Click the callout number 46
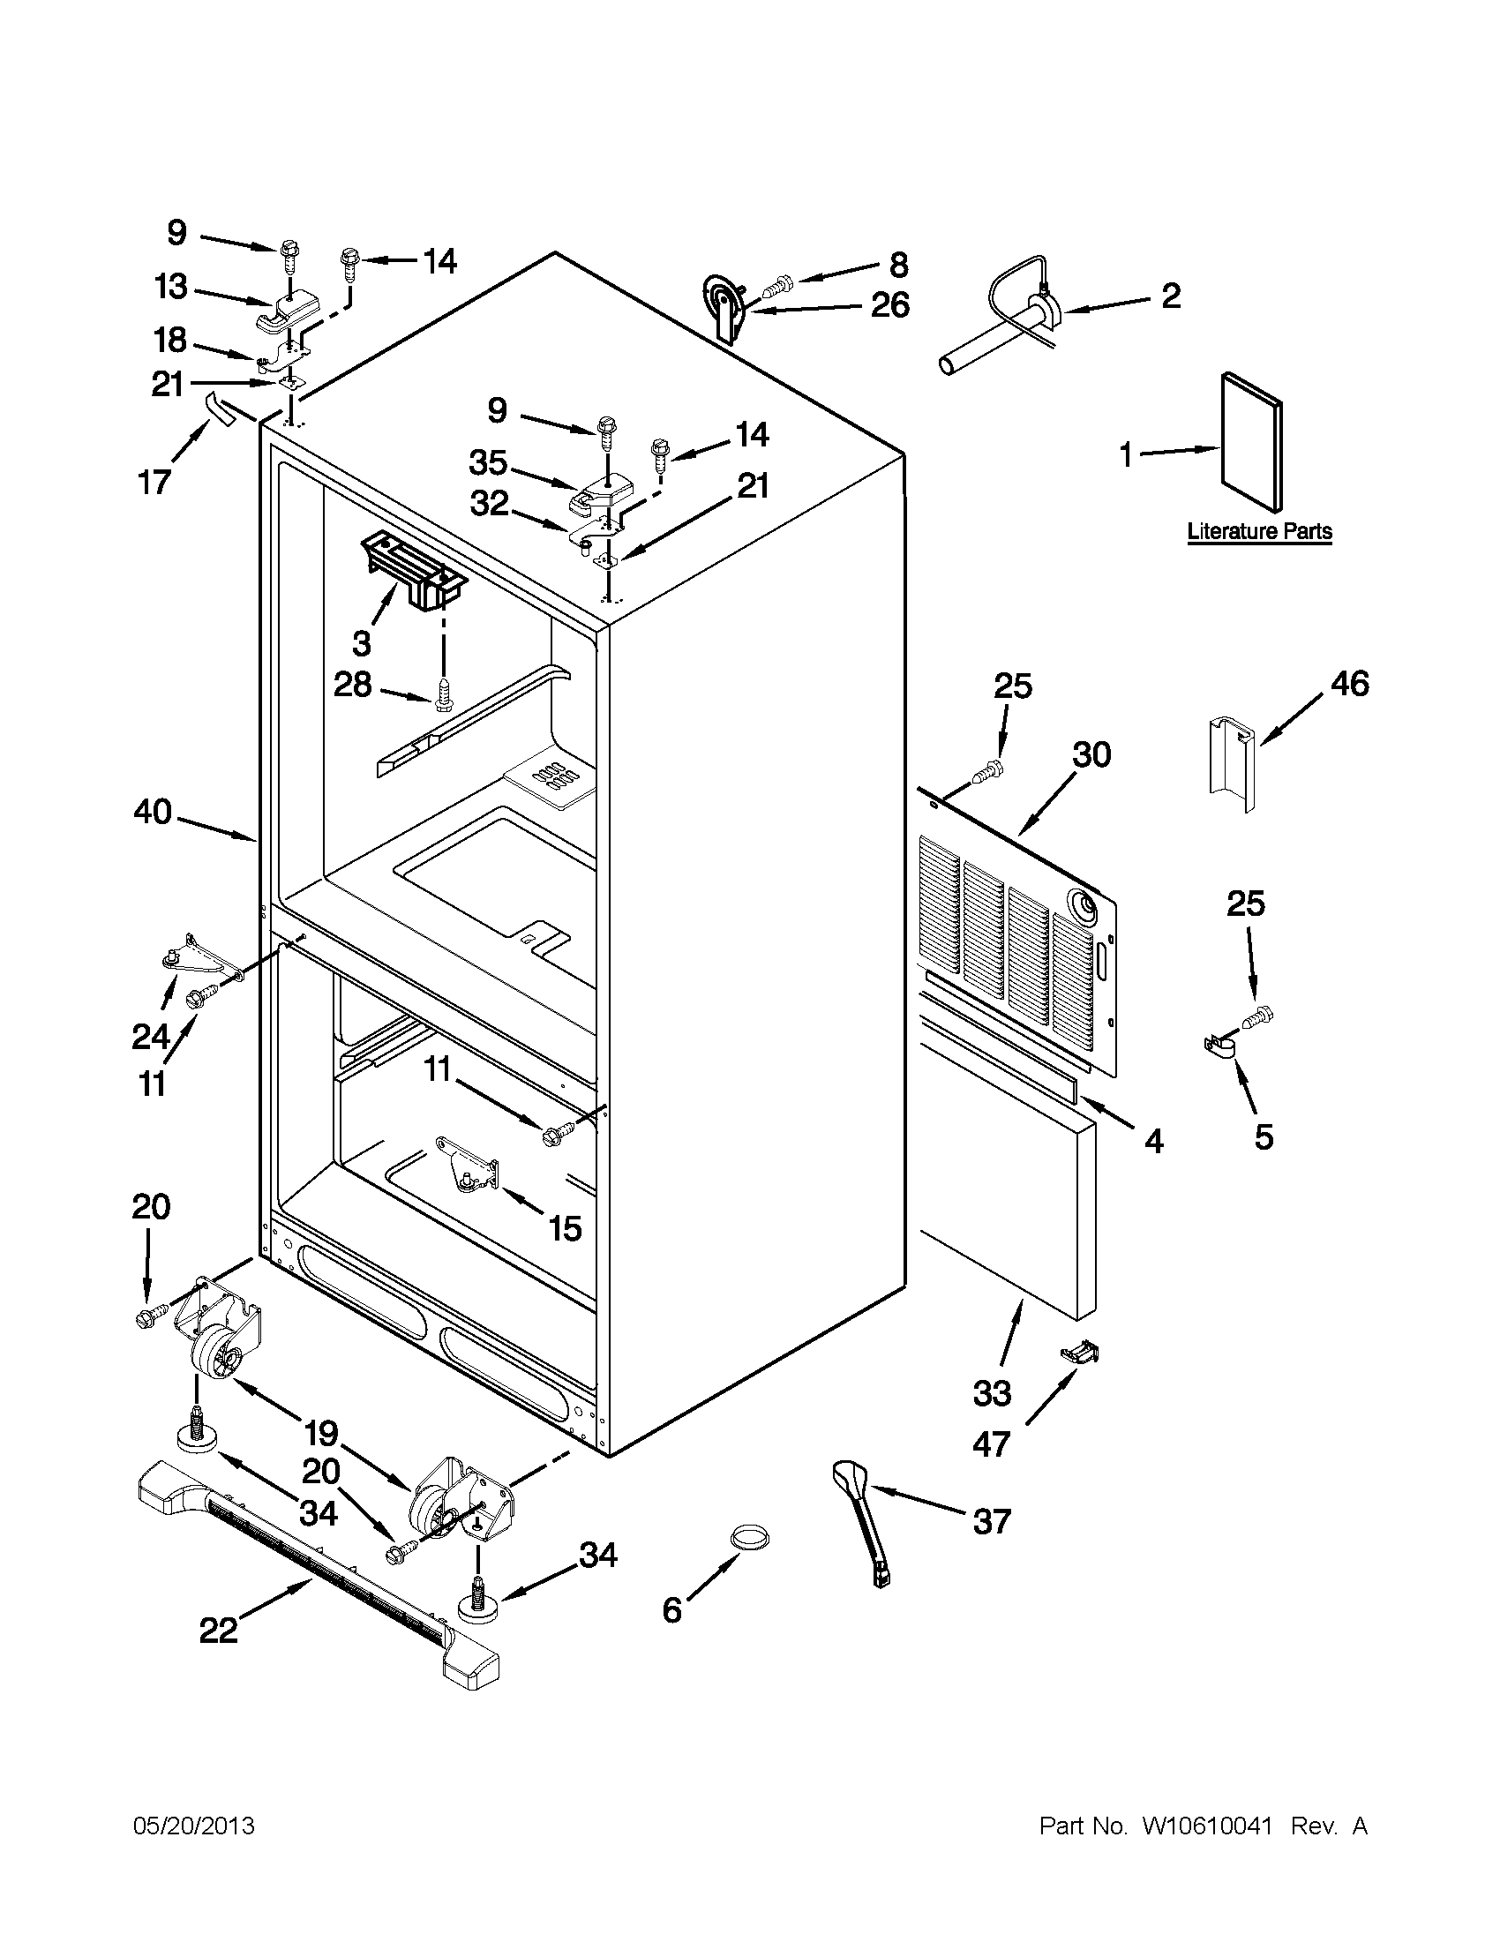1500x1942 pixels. coord(1349,684)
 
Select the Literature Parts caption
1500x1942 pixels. coord(1260,532)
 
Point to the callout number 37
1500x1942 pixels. coord(992,1521)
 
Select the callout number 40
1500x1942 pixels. coord(152,812)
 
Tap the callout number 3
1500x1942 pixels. coord(361,642)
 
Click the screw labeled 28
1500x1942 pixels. coord(444,694)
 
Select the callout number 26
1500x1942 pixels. coord(889,305)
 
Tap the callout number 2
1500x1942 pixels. coord(1171,296)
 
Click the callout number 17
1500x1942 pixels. coord(154,482)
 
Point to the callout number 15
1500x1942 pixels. coord(564,1228)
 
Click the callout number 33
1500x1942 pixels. coord(992,1393)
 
